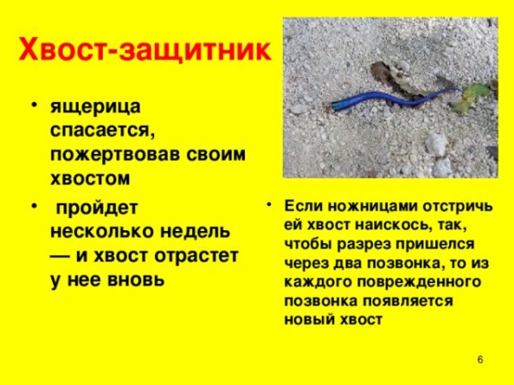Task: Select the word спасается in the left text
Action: pos(99,133)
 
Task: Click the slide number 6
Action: pos(480,359)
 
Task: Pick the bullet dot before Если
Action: pos(268,205)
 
